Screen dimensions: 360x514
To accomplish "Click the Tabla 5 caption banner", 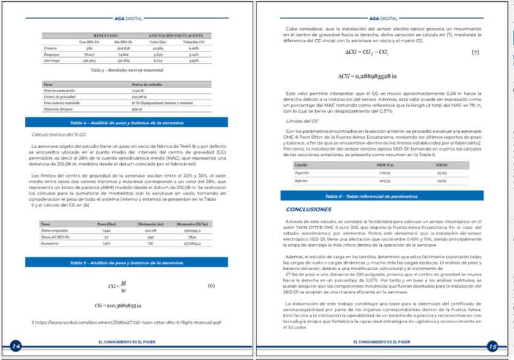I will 127,263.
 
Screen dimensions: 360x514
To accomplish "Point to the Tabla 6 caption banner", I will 380,196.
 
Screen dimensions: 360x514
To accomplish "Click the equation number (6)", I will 211,286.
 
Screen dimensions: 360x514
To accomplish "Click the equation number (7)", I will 474,53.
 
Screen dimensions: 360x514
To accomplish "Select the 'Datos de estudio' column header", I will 146,83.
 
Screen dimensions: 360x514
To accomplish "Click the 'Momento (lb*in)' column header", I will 195,225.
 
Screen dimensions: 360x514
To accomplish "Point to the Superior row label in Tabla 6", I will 302,174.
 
